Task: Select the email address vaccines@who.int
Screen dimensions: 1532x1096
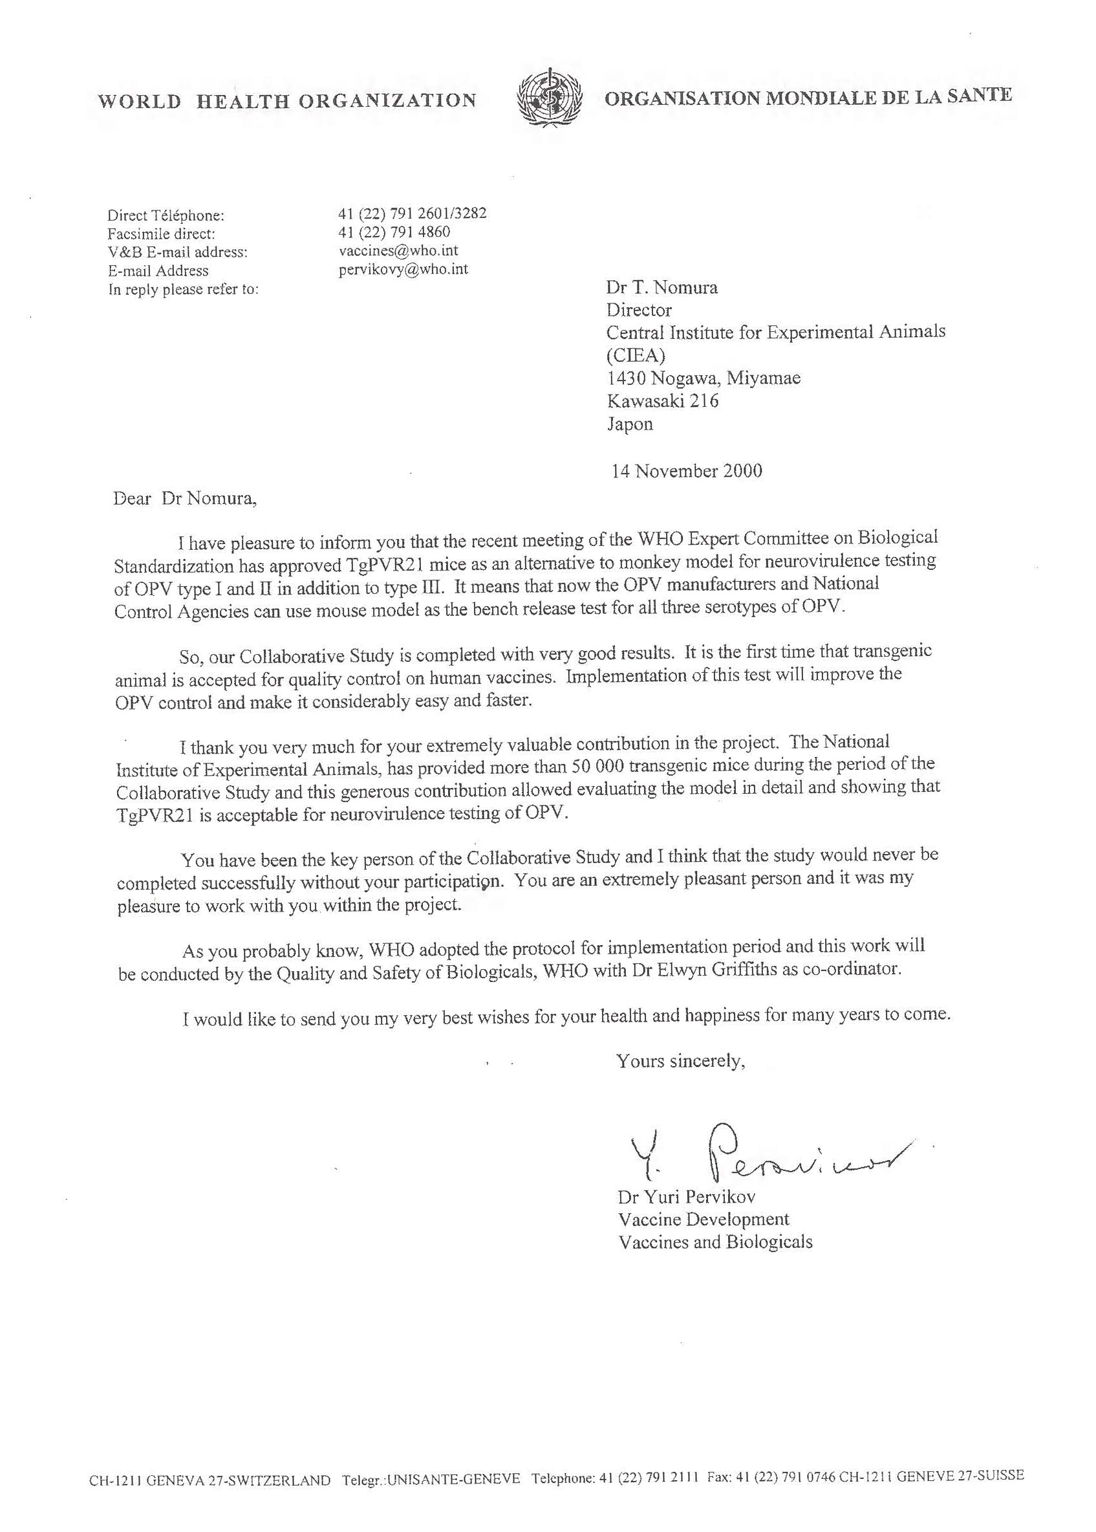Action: [398, 250]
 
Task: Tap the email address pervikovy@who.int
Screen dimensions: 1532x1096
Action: [403, 268]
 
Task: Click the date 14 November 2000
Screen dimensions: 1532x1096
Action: [686, 470]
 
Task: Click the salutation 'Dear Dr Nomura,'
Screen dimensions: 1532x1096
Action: [186, 499]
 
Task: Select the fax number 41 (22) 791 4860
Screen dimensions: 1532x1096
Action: [394, 232]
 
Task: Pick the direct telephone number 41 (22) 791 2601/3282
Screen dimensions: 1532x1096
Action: [412, 213]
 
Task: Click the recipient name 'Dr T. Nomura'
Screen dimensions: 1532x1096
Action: [661, 288]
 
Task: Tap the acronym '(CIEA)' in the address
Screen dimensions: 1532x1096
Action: [636, 355]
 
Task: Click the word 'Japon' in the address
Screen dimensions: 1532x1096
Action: [630, 424]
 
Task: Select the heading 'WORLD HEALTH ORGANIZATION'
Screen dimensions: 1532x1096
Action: [287, 102]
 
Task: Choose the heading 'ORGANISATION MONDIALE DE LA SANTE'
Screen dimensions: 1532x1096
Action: [808, 97]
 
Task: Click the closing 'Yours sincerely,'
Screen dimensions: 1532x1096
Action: [680, 1061]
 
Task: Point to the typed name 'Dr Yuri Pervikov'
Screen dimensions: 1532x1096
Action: [686, 1197]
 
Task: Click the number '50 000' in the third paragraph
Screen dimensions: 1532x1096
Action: [601, 765]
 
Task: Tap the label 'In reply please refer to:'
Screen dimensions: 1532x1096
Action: [184, 290]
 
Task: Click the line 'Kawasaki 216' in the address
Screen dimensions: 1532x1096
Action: [663, 401]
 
